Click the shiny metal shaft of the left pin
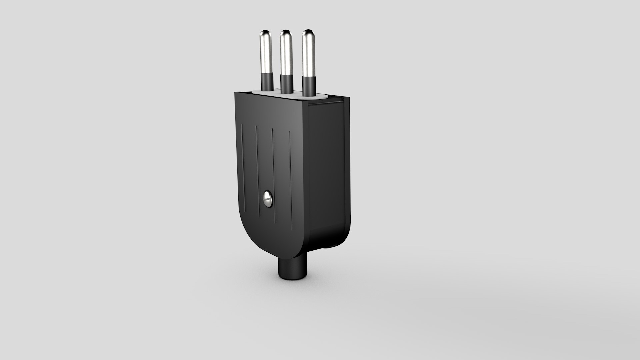(266, 55)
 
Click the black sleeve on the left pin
(267, 82)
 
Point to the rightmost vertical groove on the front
(291, 180)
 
